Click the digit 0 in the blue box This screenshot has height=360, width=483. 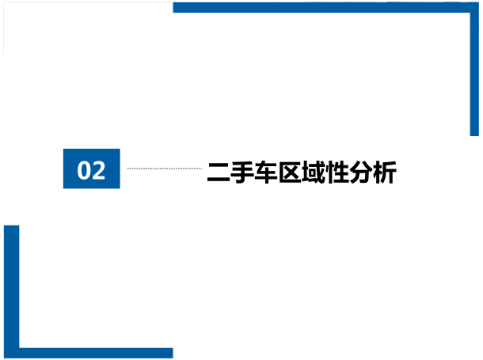pyautogui.click(x=84, y=170)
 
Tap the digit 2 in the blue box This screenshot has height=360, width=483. pyautogui.click(x=98, y=170)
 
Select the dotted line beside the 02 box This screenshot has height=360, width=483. pyautogui.click(x=165, y=169)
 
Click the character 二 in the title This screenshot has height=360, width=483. pyautogui.click(x=219, y=172)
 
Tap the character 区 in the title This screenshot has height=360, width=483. pyautogui.click(x=290, y=172)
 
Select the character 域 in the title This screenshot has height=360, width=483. pyautogui.click(x=314, y=172)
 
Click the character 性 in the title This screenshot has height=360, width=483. pyautogui.click(x=337, y=172)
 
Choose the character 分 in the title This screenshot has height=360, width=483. pyautogui.click(x=361, y=172)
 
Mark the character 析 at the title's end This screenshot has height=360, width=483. pyautogui.click(x=385, y=172)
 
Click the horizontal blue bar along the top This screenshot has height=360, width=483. pyautogui.click(x=326, y=7)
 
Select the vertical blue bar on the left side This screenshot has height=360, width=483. pyautogui.click(x=11, y=292)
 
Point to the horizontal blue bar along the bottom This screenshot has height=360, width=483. pyautogui.click(x=89, y=353)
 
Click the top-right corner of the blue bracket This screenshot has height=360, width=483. pyautogui.click(x=478, y=3)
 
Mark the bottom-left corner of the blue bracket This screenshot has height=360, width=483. pyautogui.click(x=5, y=358)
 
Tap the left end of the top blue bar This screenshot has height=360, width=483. pyautogui.click(x=173, y=7)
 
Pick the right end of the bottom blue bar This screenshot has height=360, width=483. pyautogui.click(x=173, y=353)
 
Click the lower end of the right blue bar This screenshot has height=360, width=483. pyautogui.click(x=474, y=135)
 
